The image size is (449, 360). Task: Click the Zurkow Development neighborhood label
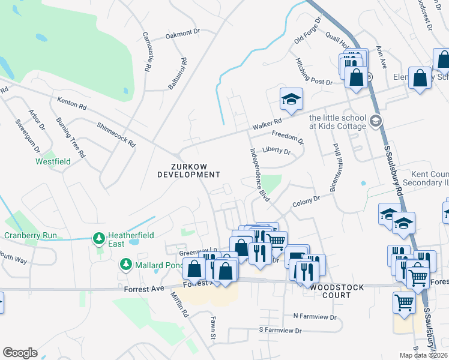point(188,170)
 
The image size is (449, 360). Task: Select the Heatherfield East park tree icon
point(99,239)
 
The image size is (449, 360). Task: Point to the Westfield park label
point(53,161)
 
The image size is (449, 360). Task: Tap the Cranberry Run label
point(31,235)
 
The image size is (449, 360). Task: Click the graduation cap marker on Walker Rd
point(292,100)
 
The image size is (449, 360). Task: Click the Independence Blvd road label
point(256,171)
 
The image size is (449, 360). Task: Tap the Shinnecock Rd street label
point(116,135)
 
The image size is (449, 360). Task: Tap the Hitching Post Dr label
point(313,71)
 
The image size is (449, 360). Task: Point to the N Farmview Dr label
point(316,316)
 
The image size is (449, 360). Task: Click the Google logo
point(20,353)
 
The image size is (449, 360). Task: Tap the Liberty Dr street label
point(277,151)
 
